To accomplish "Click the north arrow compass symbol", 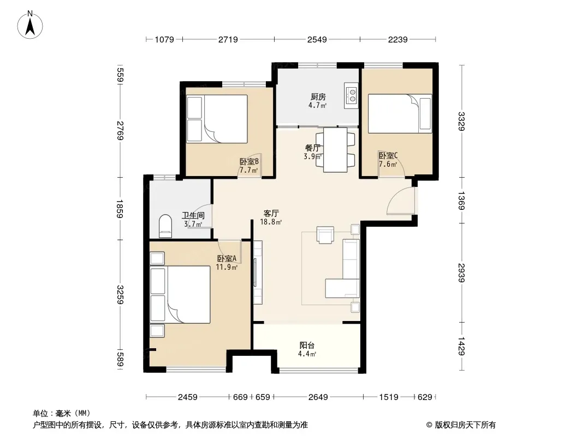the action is click(30, 25).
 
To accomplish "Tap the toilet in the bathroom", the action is click(165, 226).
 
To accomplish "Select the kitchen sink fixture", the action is click(351, 95).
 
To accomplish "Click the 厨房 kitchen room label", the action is click(318, 96).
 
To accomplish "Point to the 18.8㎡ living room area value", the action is click(271, 222).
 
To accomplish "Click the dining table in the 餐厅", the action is click(335, 150).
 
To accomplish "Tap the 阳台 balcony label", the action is click(307, 345).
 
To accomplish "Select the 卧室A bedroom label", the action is click(227, 258).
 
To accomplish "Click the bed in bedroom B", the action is click(217, 119).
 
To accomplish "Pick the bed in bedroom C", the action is click(400, 113).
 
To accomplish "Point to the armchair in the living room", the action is click(325, 235).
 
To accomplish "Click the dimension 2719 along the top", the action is click(228, 39).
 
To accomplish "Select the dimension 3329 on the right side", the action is click(461, 122).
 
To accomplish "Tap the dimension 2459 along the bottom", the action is click(187, 397).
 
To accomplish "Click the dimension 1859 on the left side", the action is click(120, 209).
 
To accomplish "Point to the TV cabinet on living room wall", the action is click(258, 272).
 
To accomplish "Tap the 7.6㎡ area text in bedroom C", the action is click(388, 164).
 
